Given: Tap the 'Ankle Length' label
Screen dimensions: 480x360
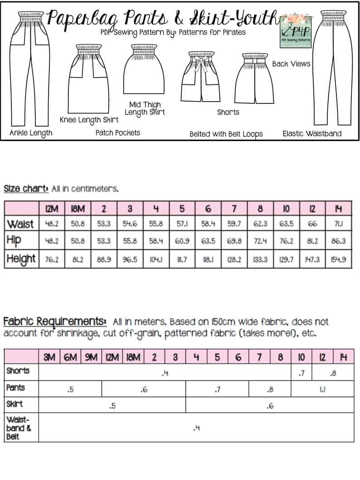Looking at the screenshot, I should (x=31, y=133).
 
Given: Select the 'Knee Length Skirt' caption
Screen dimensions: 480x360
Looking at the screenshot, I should (x=89, y=120).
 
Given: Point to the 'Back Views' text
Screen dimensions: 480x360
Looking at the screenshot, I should (x=291, y=64).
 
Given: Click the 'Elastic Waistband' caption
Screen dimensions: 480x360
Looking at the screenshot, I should (x=312, y=133).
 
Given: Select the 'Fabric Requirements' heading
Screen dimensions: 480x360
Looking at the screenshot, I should (x=55, y=322).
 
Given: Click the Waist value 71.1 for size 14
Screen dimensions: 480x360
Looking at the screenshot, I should (x=339, y=224).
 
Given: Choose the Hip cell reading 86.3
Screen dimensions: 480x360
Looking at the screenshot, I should (x=339, y=241).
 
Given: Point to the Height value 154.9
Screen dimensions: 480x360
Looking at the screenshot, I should (x=339, y=259).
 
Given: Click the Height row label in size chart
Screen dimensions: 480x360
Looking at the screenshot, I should (x=21, y=259).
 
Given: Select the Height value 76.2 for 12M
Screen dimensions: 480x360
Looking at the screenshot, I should (x=52, y=259).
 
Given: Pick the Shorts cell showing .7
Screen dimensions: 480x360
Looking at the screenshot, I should (x=301, y=373).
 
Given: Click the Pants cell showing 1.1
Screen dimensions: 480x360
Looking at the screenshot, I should (x=322, y=389).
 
